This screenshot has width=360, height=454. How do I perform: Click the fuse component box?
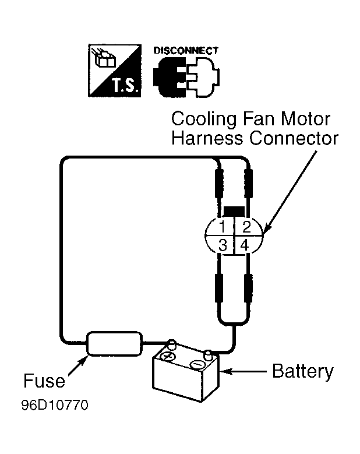tap(115, 343)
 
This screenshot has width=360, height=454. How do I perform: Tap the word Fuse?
tap(44, 381)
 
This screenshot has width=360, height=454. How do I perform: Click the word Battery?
tap(303, 371)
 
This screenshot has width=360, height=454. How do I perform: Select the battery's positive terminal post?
tap(172, 344)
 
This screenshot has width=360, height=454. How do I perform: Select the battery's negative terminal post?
tap(208, 355)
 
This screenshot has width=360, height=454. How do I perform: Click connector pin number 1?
tap(223, 227)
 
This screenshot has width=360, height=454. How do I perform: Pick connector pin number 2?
tap(246, 227)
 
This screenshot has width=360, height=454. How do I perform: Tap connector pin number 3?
tap(223, 245)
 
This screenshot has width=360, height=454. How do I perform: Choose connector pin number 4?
tap(245, 245)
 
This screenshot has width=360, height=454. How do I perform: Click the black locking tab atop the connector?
tap(234, 212)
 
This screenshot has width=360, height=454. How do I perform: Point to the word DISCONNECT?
tap(185, 51)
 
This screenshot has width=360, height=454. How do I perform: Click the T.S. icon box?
tap(115, 71)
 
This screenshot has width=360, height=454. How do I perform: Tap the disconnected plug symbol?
tap(186, 77)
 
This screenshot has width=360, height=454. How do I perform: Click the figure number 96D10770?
tap(55, 405)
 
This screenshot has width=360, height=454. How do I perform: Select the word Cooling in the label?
tap(204, 119)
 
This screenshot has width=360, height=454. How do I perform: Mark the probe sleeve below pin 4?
tap(248, 288)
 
